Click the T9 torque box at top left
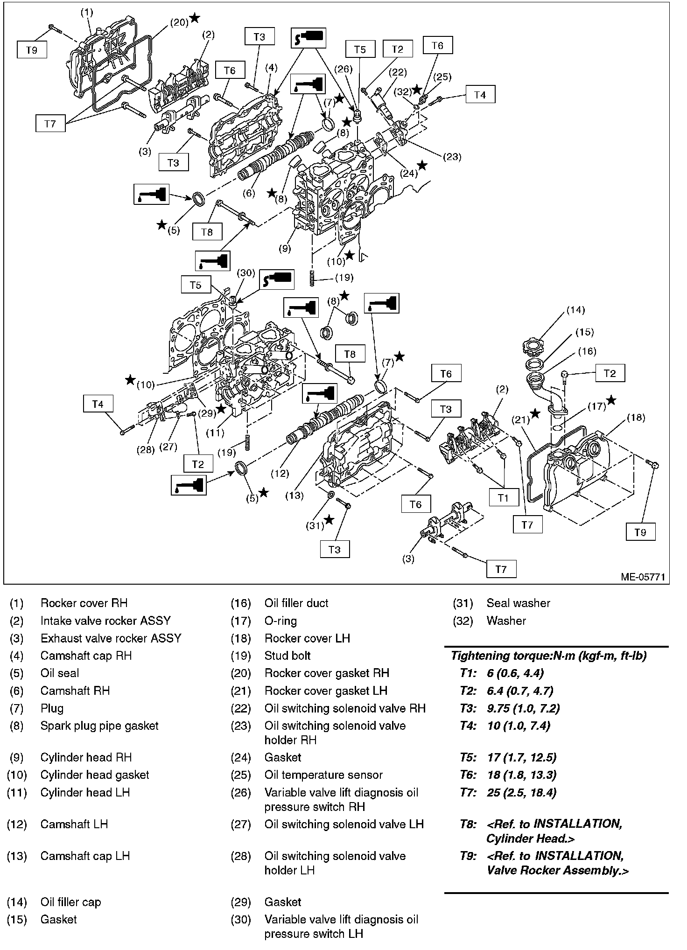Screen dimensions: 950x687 coord(32,50)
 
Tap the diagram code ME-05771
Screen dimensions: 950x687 coord(642,577)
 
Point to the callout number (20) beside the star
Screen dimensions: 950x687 coord(179,22)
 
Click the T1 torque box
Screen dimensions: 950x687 coord(503,498)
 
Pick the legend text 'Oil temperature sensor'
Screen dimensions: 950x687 coord(323,775)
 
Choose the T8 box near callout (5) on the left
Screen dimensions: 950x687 coord(207,231)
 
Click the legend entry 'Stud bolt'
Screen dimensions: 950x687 coord(287,655)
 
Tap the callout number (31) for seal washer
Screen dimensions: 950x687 coord(315,525)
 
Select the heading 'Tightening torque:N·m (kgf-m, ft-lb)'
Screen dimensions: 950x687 coord(548,655)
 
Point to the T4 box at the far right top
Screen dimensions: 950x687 coord(480,95)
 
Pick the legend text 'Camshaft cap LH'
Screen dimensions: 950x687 coord(85,856)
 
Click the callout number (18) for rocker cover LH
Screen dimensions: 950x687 coord(636,417)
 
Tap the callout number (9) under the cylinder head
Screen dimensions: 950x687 coord(284,248)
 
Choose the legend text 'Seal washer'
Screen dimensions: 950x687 coord(518,603)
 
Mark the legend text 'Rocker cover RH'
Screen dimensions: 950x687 coord(84,603)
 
